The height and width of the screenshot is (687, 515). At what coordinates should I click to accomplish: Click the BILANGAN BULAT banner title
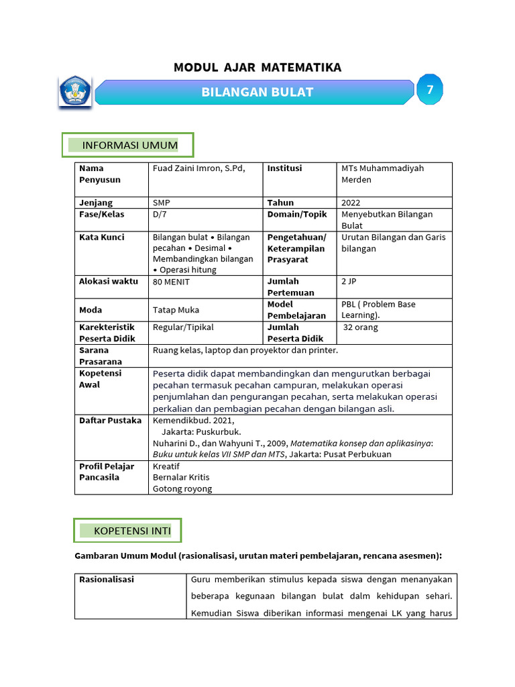[257, 93]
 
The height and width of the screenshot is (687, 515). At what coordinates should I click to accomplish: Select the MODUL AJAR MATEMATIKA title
[257, 67]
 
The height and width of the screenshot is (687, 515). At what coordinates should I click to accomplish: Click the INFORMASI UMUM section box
[128, 145]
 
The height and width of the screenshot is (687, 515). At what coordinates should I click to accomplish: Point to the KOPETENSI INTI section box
[127, 531]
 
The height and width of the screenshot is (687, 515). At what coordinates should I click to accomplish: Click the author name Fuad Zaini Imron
[198, 168]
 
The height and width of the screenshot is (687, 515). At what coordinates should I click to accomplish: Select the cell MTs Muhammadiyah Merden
[382, 174]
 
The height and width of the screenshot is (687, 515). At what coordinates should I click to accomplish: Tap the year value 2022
[351, 203]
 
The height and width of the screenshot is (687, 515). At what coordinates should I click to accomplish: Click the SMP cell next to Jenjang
[162, 203]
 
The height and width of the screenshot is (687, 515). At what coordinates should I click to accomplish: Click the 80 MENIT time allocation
[171, 282]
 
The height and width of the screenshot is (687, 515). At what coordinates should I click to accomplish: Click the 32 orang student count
[361, 327]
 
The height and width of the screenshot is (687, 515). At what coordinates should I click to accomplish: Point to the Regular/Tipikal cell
[183, 327]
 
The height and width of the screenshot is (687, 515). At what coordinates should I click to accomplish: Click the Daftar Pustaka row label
[110, 420]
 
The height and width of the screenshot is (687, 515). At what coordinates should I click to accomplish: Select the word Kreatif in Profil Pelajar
[166, 466]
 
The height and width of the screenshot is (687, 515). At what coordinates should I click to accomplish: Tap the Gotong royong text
[182, 488]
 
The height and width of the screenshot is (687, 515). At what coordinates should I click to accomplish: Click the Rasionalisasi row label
[107, 579]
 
